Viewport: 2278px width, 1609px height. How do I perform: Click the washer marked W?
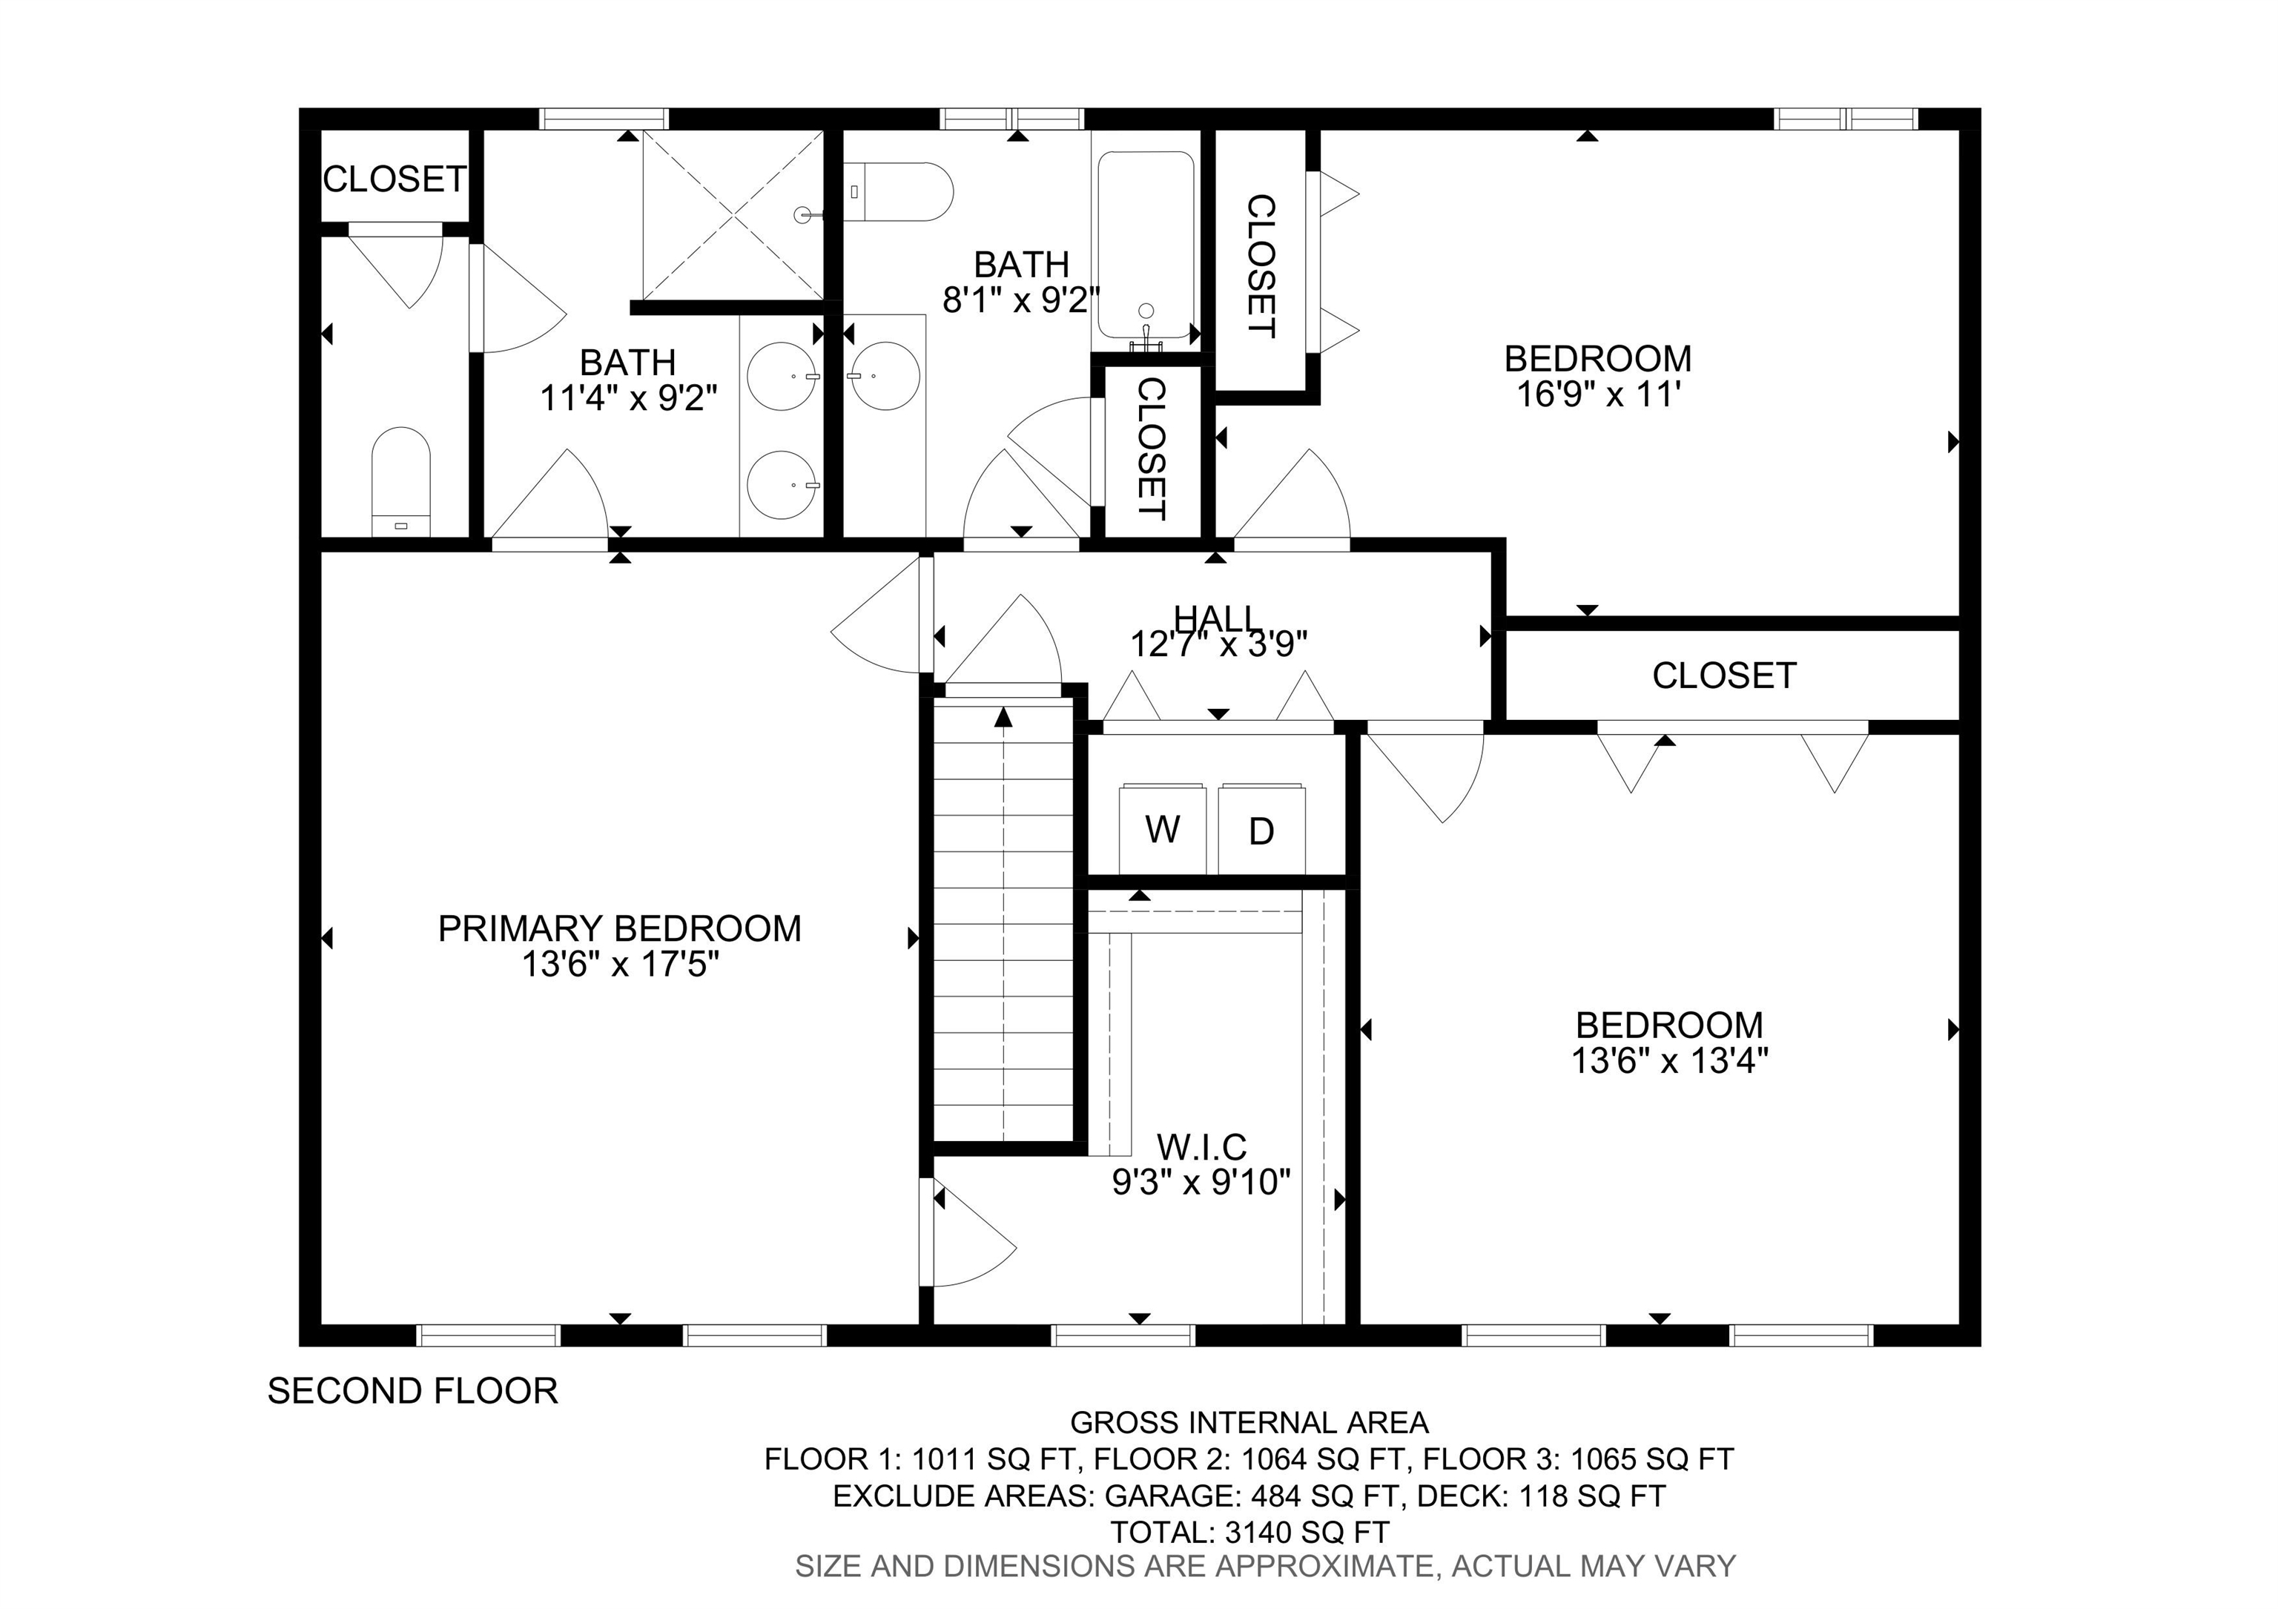coord(1162,828)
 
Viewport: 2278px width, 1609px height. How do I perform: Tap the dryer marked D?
coord(1261,828)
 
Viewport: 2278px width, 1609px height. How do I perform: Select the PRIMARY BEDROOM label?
coord(620,928)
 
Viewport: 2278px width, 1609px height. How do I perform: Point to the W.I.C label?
coord(1201,1147)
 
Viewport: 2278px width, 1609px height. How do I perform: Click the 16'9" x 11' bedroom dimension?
coord(1598,394)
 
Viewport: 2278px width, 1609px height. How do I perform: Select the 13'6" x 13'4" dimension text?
coord(1670,1062)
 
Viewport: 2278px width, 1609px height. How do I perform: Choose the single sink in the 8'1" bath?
coord(883,376)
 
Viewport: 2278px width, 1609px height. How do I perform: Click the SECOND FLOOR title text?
coord(413,1391)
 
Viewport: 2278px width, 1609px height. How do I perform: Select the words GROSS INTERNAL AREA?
coord(1249,1422)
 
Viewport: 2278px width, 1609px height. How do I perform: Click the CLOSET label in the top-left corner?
coord(394,179)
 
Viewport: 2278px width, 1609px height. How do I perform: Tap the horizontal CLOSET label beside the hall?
coord(1724,675)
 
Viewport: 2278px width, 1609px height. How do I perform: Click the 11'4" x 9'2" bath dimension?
coord(628,397)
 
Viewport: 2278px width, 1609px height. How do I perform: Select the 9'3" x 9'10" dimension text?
coord(1201,1183)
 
